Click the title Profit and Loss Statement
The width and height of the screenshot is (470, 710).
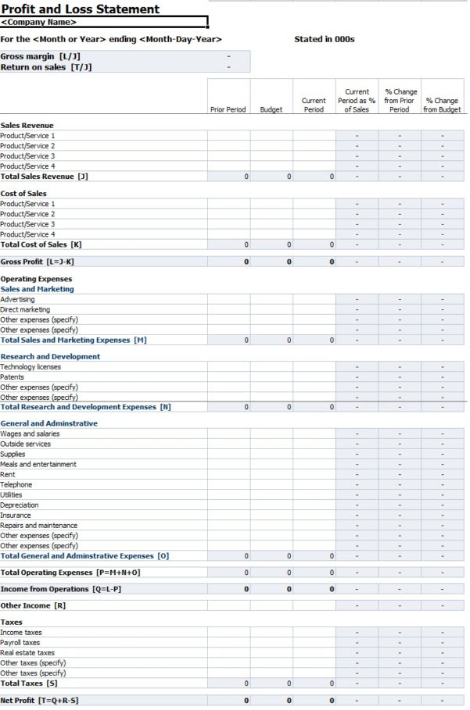tap(80, 9)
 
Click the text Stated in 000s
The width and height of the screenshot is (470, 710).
tap(324, 39)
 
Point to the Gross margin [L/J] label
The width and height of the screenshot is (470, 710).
tap(40, 56)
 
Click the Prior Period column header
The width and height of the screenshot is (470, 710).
tap(228, 110)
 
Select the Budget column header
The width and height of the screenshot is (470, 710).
tap(271, 110)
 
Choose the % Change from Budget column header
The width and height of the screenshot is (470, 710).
tap(442, 105)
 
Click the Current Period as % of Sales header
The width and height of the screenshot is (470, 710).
tap(357, 101)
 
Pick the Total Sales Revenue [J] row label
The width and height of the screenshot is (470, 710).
tap(44, 177)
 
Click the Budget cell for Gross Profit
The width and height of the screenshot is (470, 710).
tap(271, 262)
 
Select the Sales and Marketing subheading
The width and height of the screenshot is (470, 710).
tap(37, 289)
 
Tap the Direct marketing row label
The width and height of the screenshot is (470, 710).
tap(25, 309)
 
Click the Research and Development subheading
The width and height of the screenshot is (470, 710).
tap(50, 357)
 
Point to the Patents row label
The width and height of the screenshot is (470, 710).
tap(13, 377)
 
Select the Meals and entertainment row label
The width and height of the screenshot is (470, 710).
tap(38, 465)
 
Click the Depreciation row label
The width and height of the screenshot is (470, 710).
tap(20, 505)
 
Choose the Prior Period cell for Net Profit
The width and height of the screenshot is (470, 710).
tap(228, 701)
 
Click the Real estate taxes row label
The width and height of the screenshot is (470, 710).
tap(27, 653)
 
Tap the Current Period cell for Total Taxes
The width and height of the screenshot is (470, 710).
tap(314, 683)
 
